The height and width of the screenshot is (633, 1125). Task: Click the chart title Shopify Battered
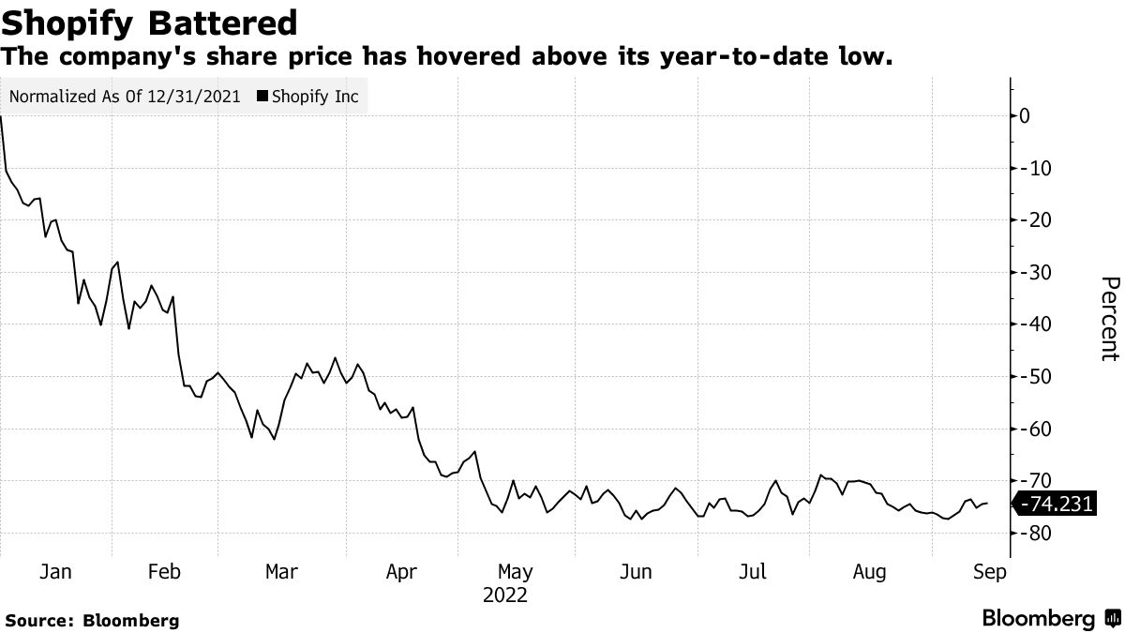150,23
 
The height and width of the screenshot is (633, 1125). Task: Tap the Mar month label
281,572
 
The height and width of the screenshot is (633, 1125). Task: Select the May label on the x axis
515,572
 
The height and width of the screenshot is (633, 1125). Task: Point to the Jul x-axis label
754,572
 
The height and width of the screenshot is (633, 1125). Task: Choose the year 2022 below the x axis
505,595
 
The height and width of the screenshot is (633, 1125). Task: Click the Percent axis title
1109,319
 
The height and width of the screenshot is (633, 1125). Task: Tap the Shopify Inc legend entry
314,96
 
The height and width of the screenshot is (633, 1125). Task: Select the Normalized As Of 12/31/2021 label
124,96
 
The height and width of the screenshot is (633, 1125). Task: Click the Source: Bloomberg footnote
92,620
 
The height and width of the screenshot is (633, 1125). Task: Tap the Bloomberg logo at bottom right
1050,618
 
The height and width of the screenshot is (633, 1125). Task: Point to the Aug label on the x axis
871,572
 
